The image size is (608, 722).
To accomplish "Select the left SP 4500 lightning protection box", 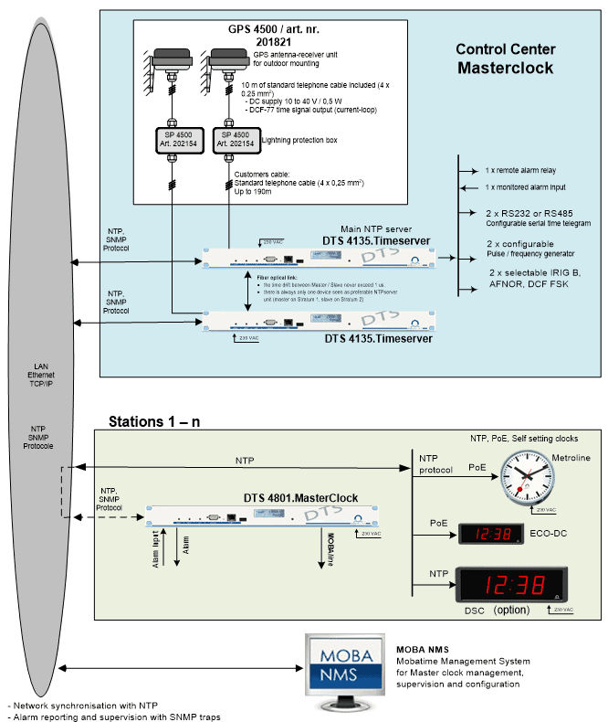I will [x=171, y=140].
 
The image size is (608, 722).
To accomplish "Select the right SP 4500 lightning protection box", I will [x=232, y=140].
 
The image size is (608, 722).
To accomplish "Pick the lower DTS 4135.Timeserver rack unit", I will [x=316, y=320].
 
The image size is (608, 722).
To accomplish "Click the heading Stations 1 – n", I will [x=156, y=421].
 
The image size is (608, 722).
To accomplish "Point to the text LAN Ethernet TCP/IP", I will [x=38, y=376].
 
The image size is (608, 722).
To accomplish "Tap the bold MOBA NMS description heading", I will [x=422, y=650].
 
